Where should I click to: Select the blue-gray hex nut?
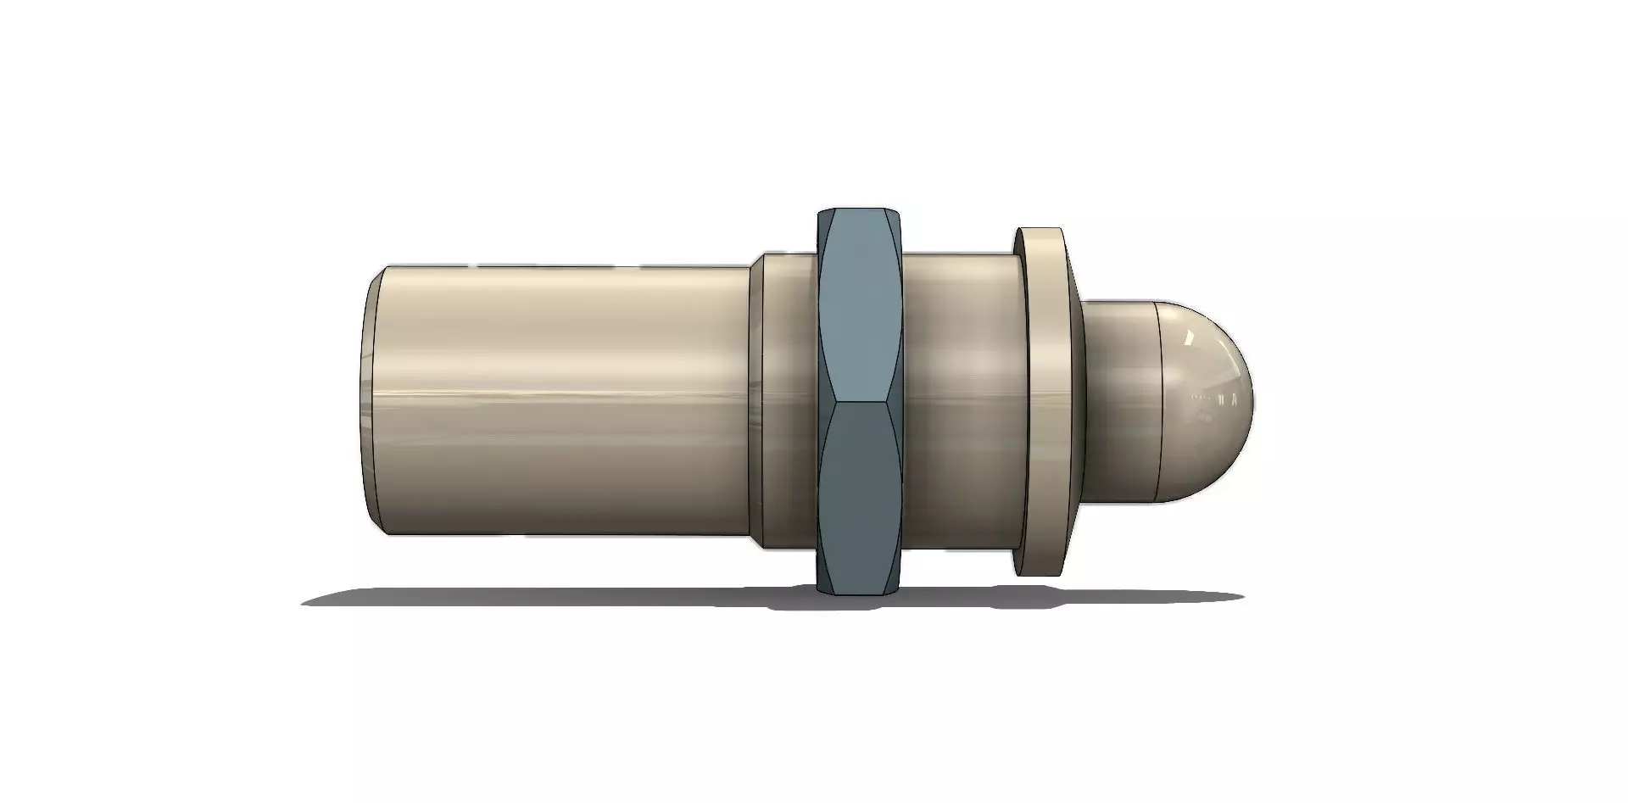[858, 399]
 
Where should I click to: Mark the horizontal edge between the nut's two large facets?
[858, 399]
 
